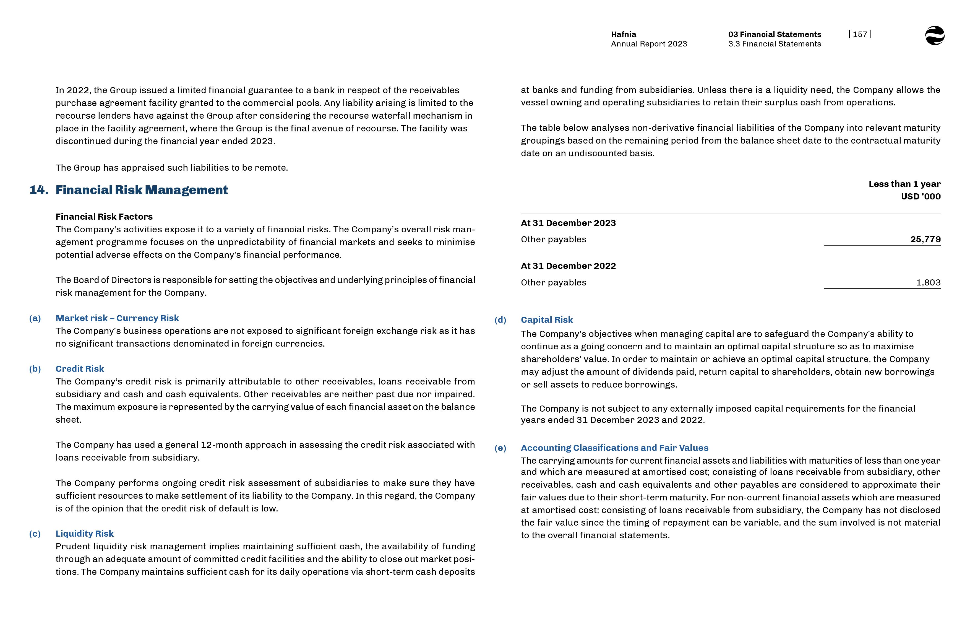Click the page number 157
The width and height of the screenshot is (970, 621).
(860, 34)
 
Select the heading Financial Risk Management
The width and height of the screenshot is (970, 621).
(142, 190)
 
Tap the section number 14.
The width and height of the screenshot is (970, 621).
(39, 190)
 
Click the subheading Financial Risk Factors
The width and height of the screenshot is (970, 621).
(104, 217)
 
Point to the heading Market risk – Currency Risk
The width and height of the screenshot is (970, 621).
(117, 318)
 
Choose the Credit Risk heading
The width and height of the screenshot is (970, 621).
(80, 368)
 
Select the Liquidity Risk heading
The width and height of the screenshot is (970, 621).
(85, 534)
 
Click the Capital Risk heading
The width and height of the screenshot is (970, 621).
(546, 320)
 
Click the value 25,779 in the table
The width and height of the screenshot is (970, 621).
(925, 239)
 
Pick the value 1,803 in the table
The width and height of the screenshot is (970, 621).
(928, 282)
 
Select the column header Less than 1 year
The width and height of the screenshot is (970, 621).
(904, 184)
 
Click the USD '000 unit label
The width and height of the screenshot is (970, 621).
(921, 196)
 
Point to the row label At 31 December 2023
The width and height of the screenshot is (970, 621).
(568, 223)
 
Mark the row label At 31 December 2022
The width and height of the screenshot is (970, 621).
(568, 266)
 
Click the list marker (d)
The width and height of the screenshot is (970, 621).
(500, 320)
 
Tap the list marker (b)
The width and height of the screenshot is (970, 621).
(35, 368)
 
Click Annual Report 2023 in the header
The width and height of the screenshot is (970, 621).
(649, 44)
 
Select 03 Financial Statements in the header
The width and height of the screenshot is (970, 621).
(774, 34)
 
